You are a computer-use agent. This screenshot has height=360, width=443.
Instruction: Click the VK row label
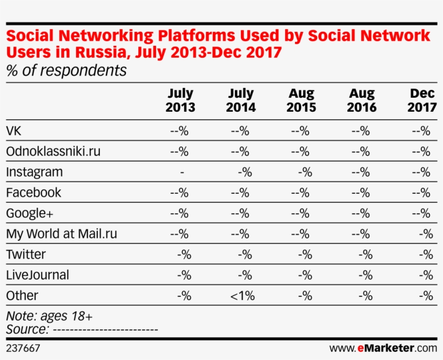click(x=14, y=131)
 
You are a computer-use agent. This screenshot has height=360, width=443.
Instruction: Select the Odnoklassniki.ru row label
click(x=53, y=152)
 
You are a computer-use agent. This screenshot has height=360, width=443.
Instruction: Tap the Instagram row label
click(x=34, y=172)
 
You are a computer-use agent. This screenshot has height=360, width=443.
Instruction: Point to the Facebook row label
click(x=33, y=193)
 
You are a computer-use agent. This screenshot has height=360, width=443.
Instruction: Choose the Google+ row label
click(x=30, y=213)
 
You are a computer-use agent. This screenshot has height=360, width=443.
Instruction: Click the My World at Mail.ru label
click(x=61, y=234)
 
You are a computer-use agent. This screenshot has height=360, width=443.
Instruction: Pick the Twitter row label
click(x=25, y=254)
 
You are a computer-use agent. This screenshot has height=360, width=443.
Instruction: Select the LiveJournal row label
click(x=37, y=275)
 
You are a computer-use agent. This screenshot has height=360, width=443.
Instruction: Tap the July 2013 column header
click(x=180, y=100)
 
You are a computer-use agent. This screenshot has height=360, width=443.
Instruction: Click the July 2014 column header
click(x=241, y=100)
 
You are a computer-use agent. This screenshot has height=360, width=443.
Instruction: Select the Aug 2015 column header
click(x=301, y=100)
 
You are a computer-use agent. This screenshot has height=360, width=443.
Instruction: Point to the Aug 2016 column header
click(x=361, y=100)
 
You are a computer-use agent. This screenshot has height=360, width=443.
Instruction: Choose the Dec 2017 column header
click(x=422, y=100)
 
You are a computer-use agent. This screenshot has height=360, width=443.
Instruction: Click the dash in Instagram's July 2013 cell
click(x=182, y=172)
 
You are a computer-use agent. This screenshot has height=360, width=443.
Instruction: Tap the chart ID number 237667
click(x=23, y=349)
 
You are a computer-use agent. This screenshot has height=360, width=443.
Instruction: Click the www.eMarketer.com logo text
click(x=382, y=348)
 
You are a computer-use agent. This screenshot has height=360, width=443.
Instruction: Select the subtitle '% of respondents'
click(x=66, y=71)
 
